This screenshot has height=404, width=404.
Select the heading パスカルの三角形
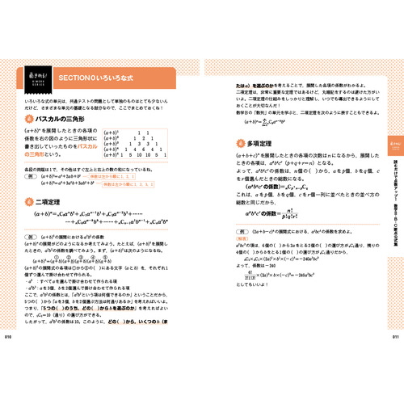[66, 120]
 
